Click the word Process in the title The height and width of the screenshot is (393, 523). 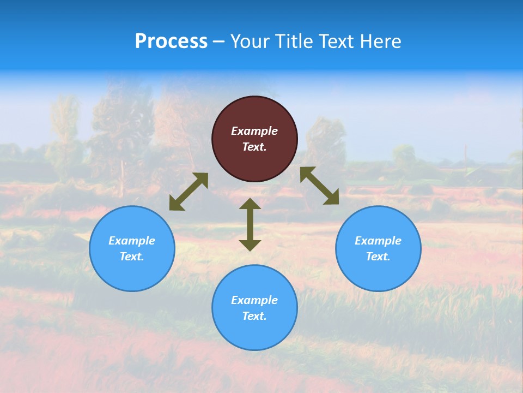pyautogui.click(x=171, y=41)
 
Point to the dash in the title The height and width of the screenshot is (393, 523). pyautogui.click(x=219, y=42)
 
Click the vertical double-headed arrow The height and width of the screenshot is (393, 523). pyautogui.click(x=250, y=224)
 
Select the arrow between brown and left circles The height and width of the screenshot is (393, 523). pyautogui.click(x=188, y=192)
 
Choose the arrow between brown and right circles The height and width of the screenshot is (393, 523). pyautogui.click(x=319, y=186)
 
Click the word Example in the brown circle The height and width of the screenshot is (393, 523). pyautogui.click(x=254, y=131)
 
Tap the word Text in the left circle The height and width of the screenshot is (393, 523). pyautogui.click(x=132, y=257)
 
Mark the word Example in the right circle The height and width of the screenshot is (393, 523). pyautogui.click(x=378, y=241)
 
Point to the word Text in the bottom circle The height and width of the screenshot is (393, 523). pyautogui.click(x=254, y=316)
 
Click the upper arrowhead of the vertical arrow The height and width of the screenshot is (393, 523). pyautogui.click(x=250, y=204)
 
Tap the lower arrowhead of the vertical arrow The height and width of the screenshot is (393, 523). pyautogui.click(x=250, y=245)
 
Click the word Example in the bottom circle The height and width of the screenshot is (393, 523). pyautogui.click(x=254, y=300)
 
